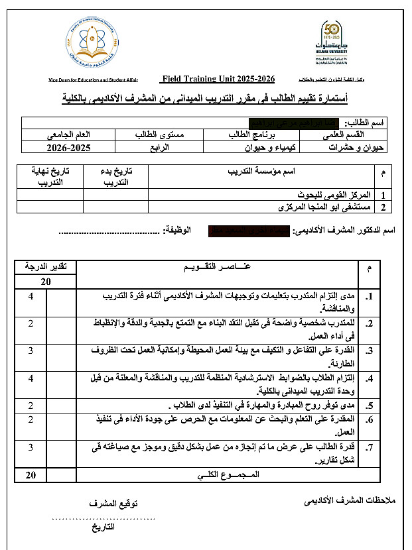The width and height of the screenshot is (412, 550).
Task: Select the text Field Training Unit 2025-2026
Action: pos(218,79)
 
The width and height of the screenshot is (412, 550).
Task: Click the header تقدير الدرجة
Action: pos(46,267)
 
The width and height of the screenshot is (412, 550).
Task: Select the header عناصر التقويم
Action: pos(216,267)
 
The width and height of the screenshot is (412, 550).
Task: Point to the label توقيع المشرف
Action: pos(113,504)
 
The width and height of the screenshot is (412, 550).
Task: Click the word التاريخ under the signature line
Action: pos(103,527)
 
